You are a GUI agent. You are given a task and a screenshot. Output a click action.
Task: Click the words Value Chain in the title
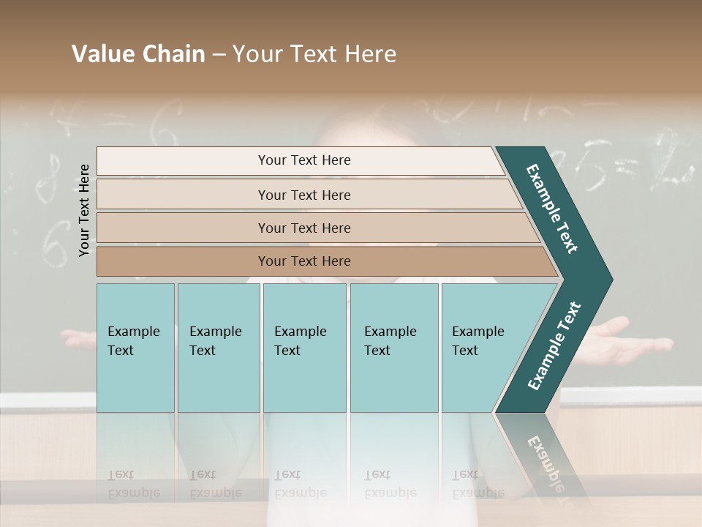pyautogui.click(x=138, y=54)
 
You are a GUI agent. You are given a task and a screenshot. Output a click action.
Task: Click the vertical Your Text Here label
pyautogui.click(x=84, y=210)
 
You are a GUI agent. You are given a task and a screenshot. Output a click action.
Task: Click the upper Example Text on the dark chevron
pyautogui.click(x=552, y=209)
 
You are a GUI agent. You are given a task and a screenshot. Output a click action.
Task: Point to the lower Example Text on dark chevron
pyautogui.click(x=554, y=346)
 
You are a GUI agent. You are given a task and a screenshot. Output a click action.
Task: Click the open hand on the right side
pyautogui.click(x=629, y=338)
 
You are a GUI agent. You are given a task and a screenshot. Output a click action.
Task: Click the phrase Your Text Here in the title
pyautogui.click(x=314, y=54)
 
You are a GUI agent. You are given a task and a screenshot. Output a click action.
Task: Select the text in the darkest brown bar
pyautogui.click(x=304, y=261)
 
